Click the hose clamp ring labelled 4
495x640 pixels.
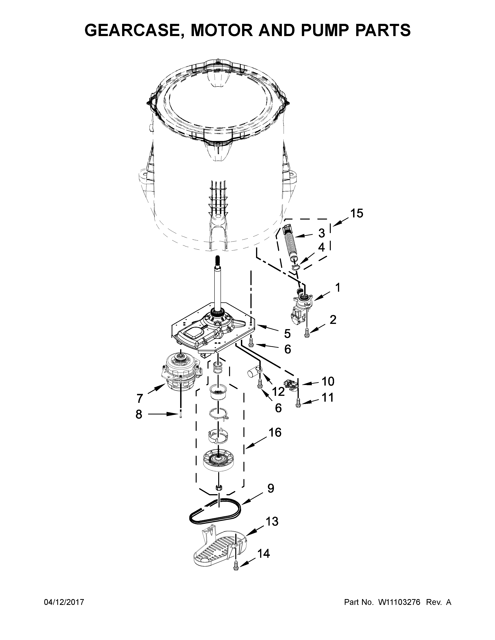pos(296,266)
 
